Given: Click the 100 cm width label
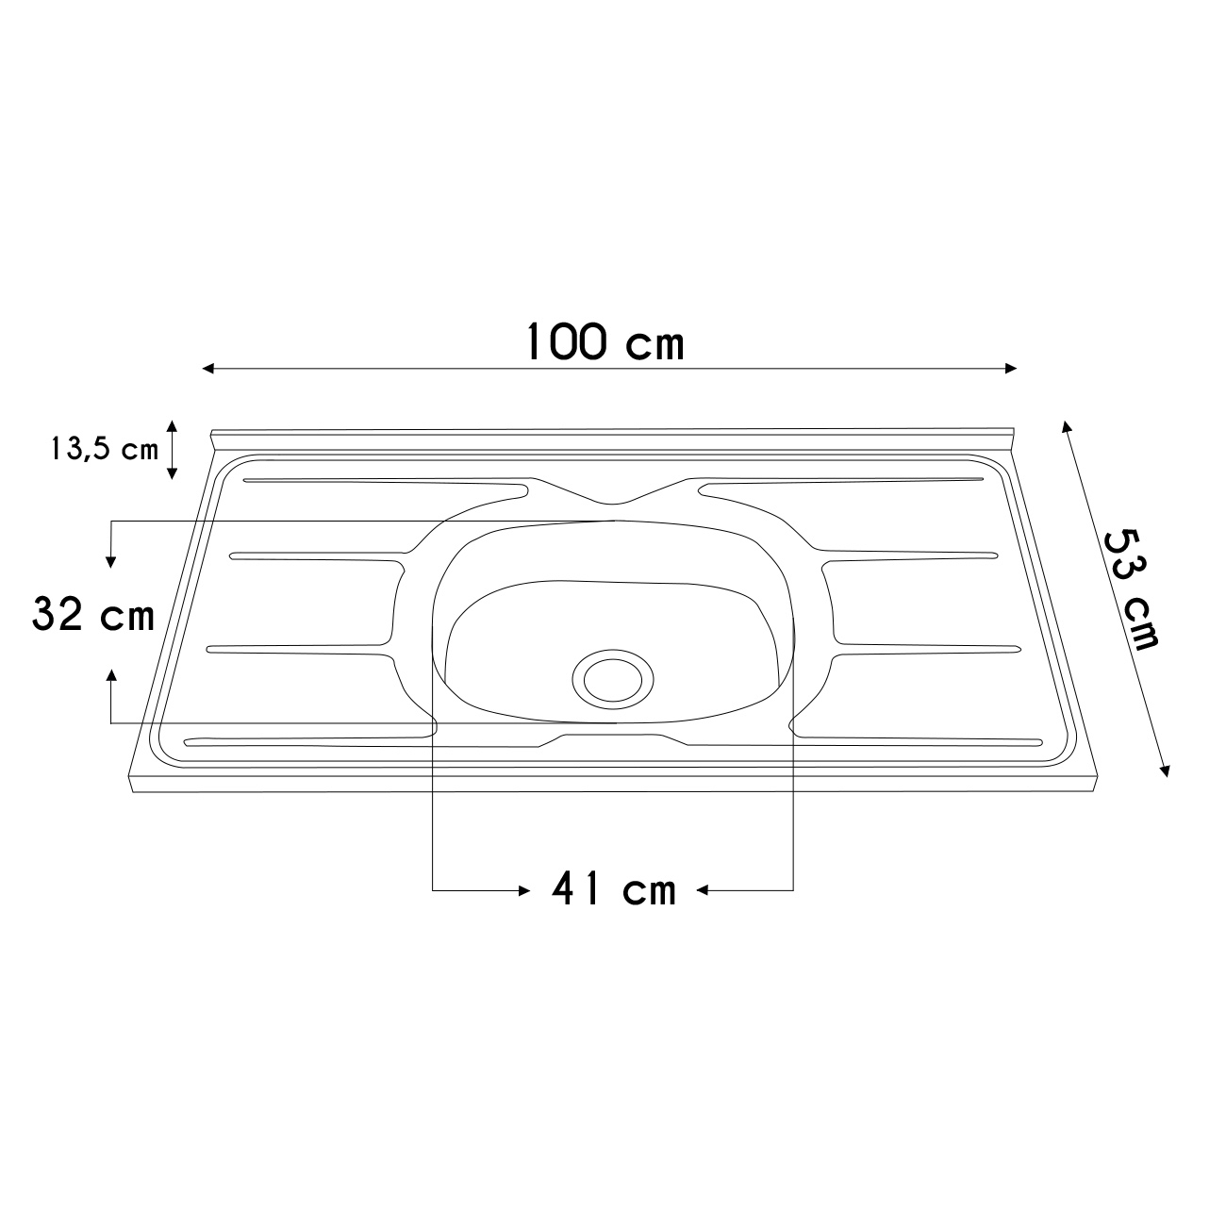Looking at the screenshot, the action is click(605, 342).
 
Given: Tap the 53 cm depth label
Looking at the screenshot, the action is click(1130, 589).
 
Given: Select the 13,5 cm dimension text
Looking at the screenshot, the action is click(104, 450).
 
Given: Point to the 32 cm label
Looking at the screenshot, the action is click(93, 614).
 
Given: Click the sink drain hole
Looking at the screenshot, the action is click(613, 679).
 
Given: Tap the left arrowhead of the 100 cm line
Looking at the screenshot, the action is click(208, 369).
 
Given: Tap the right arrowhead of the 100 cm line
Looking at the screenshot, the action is click(1010, 369).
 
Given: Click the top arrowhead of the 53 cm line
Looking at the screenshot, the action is click(1066, 426).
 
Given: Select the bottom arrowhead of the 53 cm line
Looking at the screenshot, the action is click(1165, 770).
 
